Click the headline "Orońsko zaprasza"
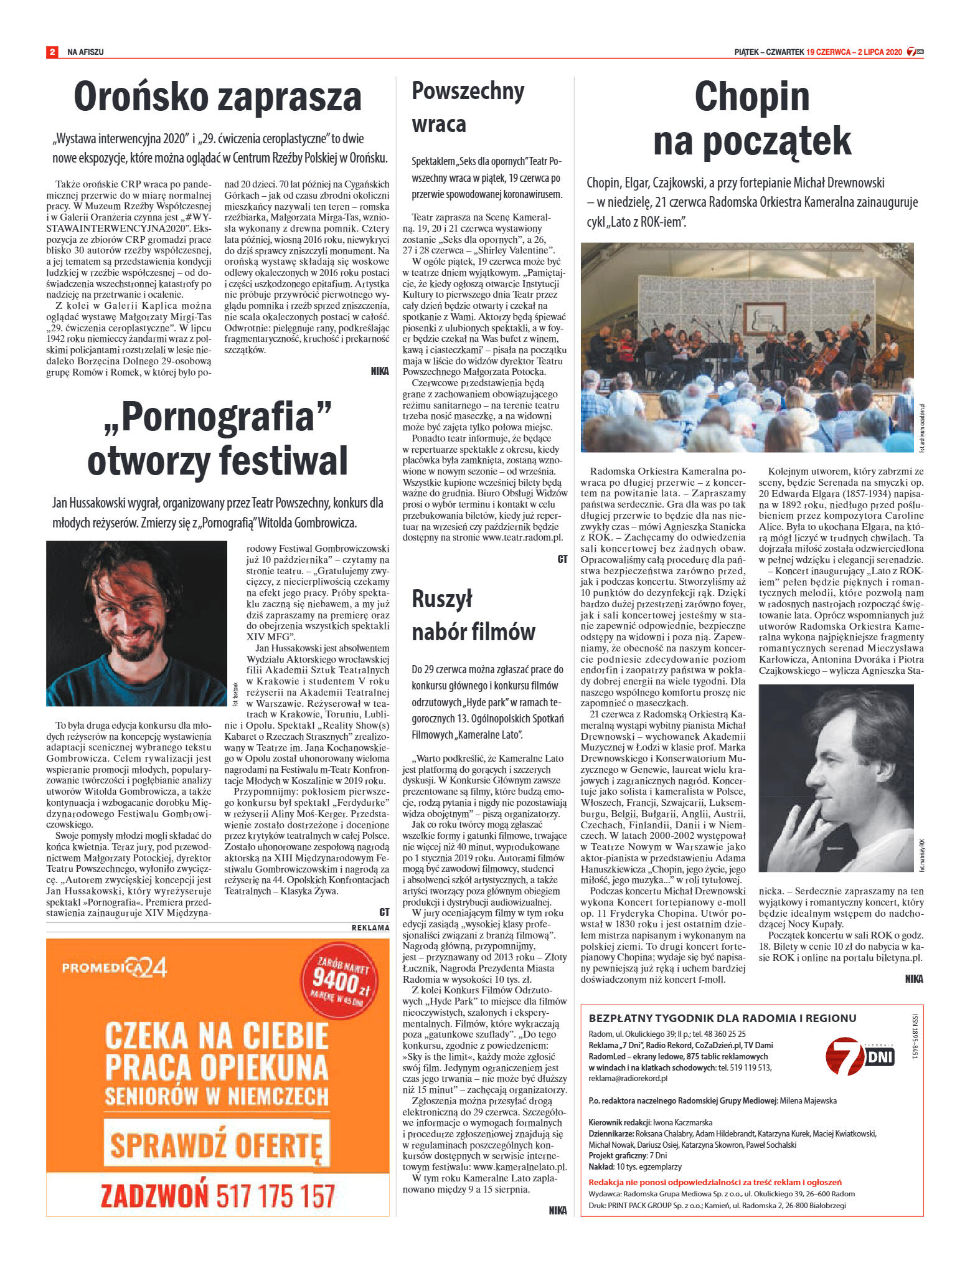pyautogui.click(x=217, y=97)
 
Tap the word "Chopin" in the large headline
pyautogui.click(x=751, y=97)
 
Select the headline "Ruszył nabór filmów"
pyautogui.click(x=473, y=615)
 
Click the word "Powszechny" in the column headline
pyautogui.click(x=468, y=92)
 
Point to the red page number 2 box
pyautogui.click(x=52, y=52)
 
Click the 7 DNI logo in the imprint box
pyautogui.click(x=859, y=1055)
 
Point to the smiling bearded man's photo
pyautogui.click(x=136, y=623)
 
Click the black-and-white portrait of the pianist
pyautogui.click(x=836, y=778)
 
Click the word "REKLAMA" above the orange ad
pyautogui.click(x=370, y=927)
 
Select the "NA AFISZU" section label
pyautogui.click(x=85, y=52)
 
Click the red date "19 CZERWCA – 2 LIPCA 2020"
pyautogui.click(x=854, y=52)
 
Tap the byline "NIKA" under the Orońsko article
pyautogui.click(x=379, y=371)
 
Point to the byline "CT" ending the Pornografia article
pyautogui.click(x=384, y=912)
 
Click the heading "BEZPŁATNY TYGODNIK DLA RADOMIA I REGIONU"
pyautogui.click(x=722, y=1018)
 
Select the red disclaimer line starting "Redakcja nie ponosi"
pyautogui.click(x=715, y=1182)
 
